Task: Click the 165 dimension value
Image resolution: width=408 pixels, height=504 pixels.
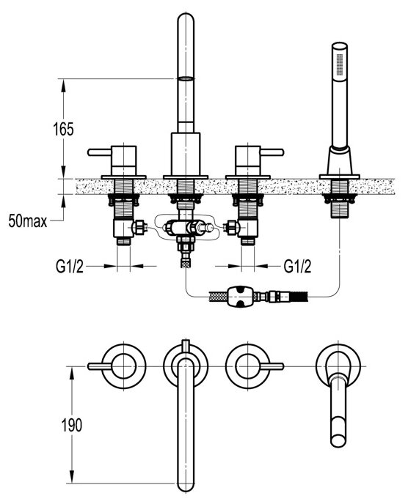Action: tap(63, 129)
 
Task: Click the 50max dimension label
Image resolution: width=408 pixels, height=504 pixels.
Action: tap(28, 221)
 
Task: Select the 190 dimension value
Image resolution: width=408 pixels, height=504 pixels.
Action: tap(71, 425)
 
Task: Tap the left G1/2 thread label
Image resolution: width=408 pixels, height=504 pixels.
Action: tap(70, 267)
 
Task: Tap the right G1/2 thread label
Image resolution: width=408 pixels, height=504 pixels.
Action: tap(297, 267)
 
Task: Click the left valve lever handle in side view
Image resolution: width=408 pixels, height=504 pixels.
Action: tap(100, 152)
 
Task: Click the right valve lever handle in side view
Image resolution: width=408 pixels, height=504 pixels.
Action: tap(272, 152)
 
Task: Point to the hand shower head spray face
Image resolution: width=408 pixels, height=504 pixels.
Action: tap(340, 64)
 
